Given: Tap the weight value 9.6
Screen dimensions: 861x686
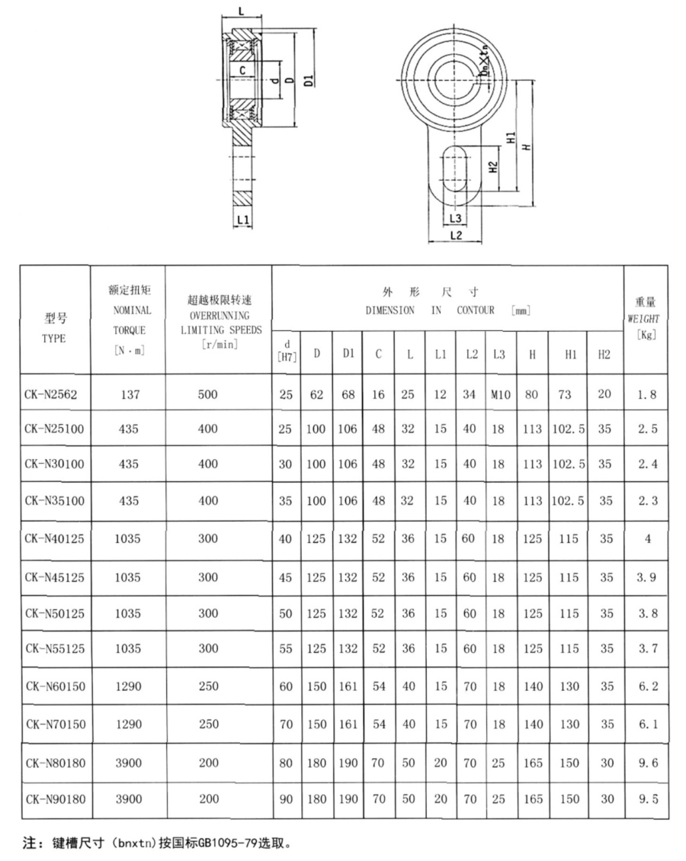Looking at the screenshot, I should [646, 763].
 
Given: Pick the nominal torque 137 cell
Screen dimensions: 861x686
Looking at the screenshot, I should [128, 394].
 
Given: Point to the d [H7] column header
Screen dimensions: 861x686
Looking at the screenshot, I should [286, 350].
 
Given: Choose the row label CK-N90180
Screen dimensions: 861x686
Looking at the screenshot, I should [54, 799].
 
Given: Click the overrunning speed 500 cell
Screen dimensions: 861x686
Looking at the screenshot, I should [208, 394].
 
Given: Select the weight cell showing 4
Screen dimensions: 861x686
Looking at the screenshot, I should [646, 539].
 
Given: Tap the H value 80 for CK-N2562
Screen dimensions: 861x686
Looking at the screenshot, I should [532, 394].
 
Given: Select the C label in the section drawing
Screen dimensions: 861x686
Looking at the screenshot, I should [242, 70].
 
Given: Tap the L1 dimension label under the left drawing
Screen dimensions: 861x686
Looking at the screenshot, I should [243, 220].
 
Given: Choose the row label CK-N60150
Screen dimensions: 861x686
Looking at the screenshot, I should [54, 686].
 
